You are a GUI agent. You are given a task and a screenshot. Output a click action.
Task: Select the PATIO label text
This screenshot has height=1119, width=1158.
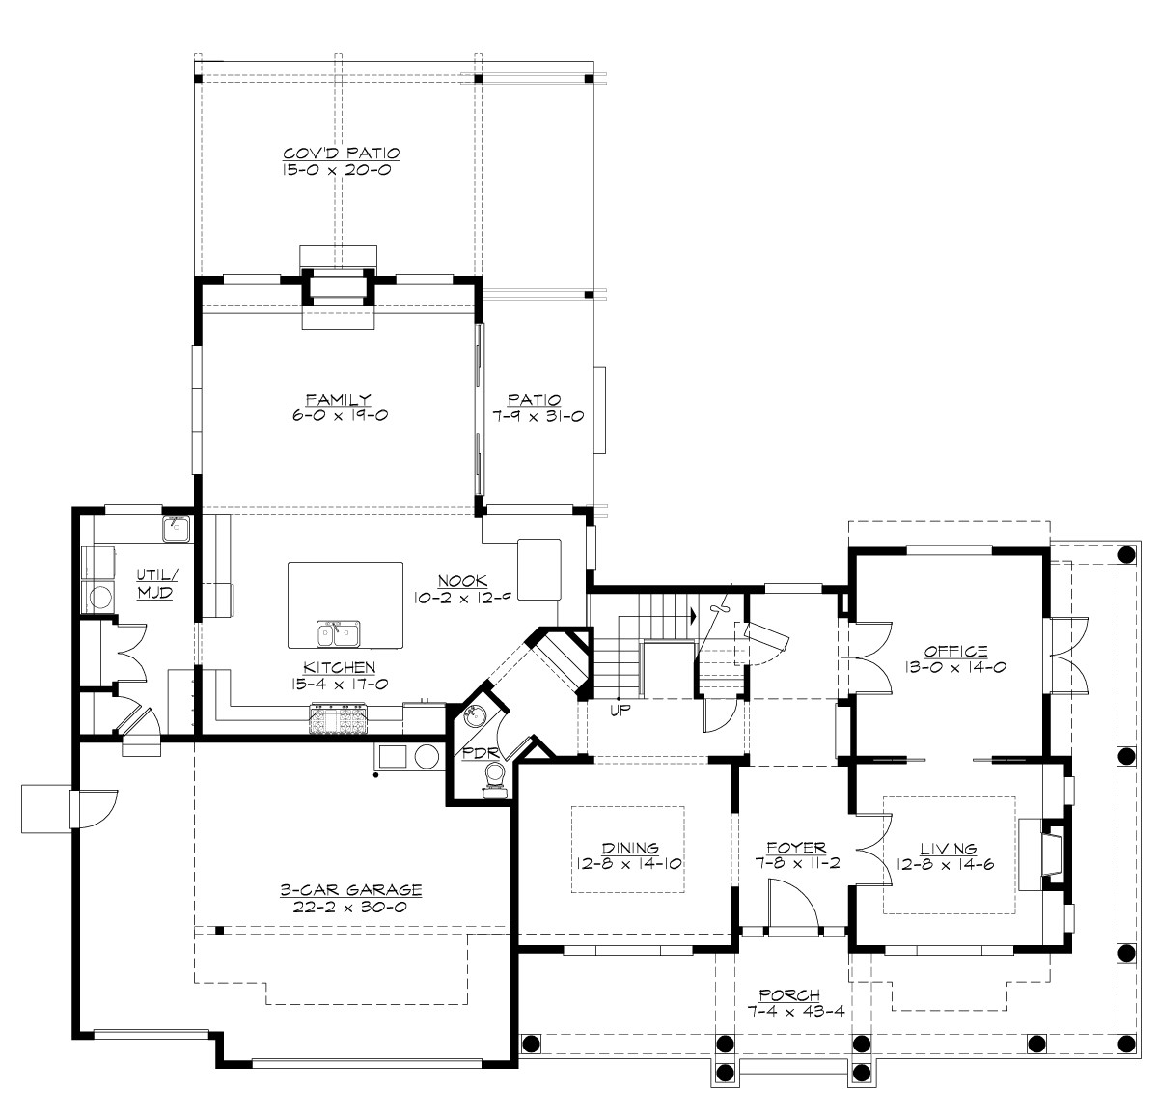point(538,399)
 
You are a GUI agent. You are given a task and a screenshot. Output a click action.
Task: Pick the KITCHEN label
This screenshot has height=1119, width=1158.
point(339,667)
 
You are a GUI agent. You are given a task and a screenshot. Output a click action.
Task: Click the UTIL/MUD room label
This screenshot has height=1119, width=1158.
point(153,584)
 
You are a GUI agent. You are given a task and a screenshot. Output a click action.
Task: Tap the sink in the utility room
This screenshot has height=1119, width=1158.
point(177,528)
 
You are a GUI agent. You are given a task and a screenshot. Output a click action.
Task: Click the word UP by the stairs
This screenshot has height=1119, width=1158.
point(620,710)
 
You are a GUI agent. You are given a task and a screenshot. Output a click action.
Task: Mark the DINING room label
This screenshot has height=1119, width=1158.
point(631,848)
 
